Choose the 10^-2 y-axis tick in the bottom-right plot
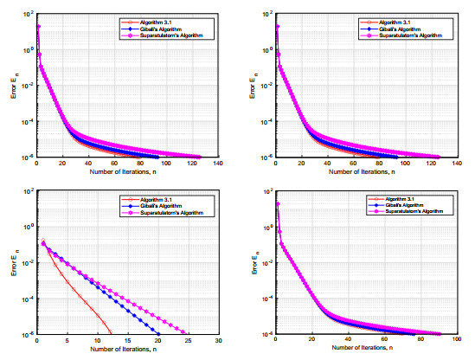pos(266,263)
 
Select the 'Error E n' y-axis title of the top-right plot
pos(255,87)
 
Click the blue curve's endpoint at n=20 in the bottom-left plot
pos(159,334)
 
